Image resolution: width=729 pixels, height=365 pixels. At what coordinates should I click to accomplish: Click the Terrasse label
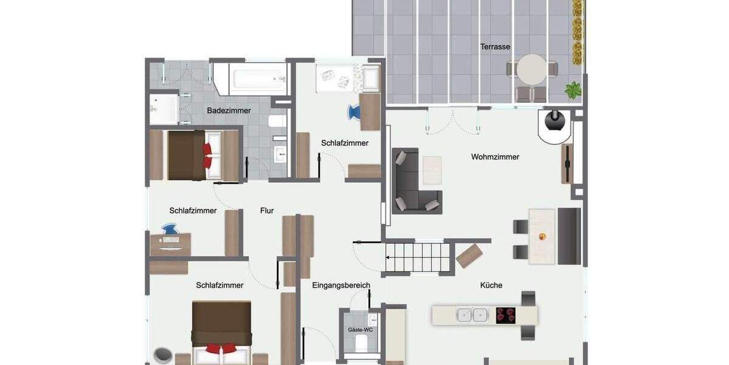point(495,47)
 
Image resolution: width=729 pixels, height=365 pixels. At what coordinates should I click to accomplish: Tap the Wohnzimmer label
point(495,157)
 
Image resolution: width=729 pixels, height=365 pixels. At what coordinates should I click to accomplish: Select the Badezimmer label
point(228,111)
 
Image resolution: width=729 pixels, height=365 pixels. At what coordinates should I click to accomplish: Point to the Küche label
point(491,285)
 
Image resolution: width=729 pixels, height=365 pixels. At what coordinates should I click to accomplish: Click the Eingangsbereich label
point(341,285)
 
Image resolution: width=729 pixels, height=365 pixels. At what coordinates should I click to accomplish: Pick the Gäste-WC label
point(360,330)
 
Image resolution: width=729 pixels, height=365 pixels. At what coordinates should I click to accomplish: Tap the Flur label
point(267,210)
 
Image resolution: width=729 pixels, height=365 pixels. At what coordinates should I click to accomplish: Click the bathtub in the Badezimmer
point(258,78)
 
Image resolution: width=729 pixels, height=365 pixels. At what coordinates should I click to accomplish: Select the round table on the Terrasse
point(532,69)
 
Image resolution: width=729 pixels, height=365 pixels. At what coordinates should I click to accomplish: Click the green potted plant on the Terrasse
point(573,91)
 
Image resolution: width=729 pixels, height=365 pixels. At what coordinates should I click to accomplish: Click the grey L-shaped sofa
point(413,182)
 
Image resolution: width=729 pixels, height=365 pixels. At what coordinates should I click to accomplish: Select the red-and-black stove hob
point(505,315)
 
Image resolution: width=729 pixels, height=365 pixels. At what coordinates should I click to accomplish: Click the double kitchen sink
point(472,315)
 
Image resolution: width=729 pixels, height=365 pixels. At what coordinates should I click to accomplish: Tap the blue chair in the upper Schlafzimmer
point(354,113)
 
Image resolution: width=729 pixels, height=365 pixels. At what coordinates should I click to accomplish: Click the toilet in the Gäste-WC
point(360,344)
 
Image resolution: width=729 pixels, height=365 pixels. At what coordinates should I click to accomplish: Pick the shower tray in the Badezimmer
point(163,109)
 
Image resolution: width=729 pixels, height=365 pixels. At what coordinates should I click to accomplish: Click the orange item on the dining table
point(542,236)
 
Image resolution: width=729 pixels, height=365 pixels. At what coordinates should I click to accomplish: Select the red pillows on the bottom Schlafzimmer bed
point(221,349)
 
